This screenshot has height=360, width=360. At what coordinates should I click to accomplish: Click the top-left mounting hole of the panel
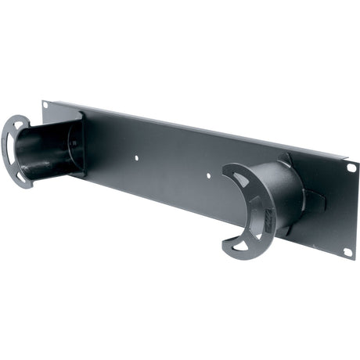point(46,106)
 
